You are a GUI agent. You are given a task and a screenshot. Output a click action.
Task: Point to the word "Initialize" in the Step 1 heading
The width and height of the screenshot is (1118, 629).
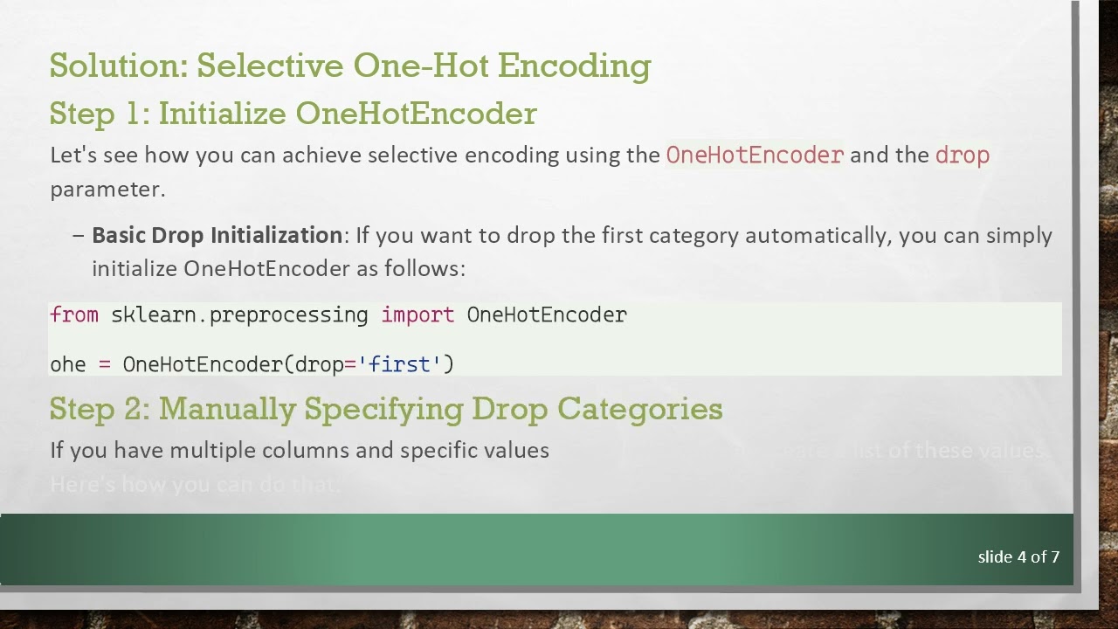[x=223, y=114]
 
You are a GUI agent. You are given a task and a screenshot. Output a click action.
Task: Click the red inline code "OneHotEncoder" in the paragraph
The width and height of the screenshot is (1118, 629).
[x=755, y=156]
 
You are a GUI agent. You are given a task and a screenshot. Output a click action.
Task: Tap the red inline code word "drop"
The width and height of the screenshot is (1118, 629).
[x=962, y=156]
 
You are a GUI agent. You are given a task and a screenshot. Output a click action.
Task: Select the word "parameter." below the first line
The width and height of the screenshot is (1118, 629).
[x=107, y=189]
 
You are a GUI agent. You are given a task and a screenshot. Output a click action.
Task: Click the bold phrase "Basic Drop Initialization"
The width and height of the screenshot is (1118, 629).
[x=217, y=235]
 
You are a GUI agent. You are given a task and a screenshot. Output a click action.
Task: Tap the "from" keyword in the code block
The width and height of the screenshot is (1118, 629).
[x=74, y=314]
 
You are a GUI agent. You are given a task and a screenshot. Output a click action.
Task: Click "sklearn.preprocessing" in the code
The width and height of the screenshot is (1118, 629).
[x=239, y=314]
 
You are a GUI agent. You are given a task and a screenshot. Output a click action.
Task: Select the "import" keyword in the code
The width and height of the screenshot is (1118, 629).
[x=418, y=314]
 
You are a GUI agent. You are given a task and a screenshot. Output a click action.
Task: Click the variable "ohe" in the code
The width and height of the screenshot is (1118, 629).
[x=68, y=363]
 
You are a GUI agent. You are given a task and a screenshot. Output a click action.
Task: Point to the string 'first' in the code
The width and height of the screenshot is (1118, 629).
[x=400, y=363]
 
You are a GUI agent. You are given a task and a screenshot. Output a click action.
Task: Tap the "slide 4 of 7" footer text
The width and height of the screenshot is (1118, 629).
[x=1018, y=556]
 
